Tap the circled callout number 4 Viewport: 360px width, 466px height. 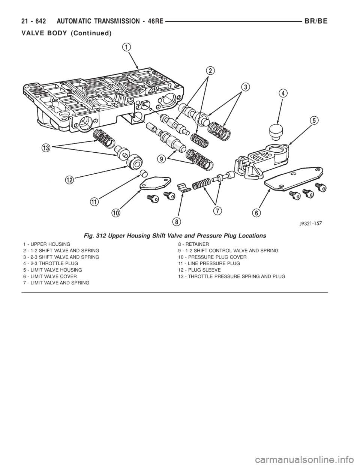(x=283, y=93)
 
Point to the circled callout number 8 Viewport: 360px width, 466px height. (x=177, y=222)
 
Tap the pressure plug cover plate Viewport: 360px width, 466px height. (x=155, y=183)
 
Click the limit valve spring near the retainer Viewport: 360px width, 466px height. (x=201, y=184)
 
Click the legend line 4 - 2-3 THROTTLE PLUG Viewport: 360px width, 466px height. (x=51, y=263)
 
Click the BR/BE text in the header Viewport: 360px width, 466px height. (x=316, y=21)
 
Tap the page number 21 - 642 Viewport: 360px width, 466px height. (x=34, y=21)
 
